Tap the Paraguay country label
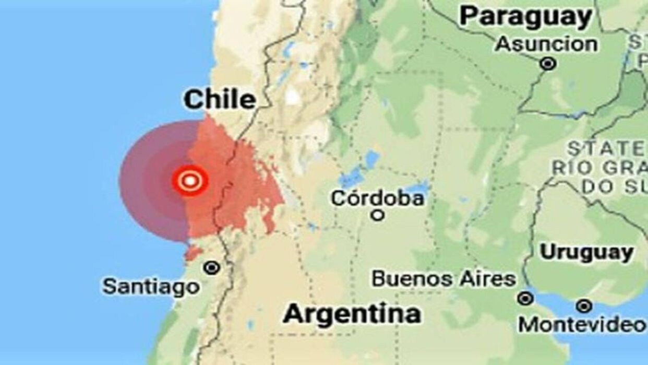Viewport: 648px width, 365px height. point(525,17)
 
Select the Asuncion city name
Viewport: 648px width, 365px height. point(546,44)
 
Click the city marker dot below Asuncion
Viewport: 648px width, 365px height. point(548,64)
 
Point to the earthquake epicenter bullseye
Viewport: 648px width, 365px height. point(190,181)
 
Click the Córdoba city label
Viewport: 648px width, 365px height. point(378,198)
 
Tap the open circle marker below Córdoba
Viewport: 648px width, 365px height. point(378,215)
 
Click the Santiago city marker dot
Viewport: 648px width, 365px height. point(212,268)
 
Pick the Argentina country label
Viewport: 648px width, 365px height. point(352,314)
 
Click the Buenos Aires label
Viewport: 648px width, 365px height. point(443,279)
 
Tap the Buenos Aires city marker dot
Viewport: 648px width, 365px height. point(525,299)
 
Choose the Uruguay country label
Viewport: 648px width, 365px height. point(586,253)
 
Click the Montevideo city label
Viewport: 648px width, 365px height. point(581,325)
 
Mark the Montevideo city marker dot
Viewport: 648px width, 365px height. point(584,306)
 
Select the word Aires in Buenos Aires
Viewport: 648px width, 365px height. point(488,279)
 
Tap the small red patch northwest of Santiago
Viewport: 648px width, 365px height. point(193,253)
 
